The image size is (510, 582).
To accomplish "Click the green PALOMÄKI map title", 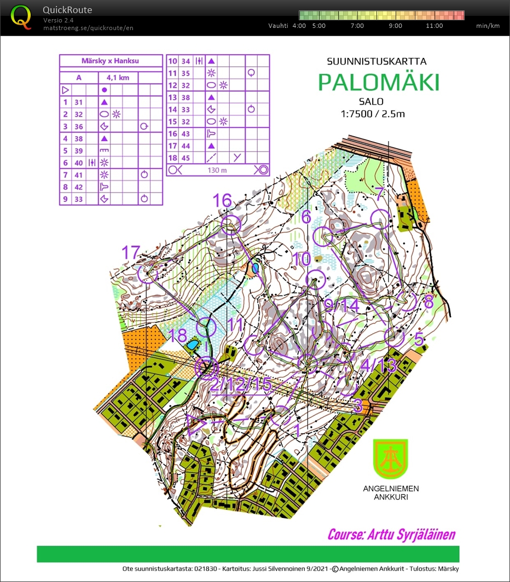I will click(x=379, y=83).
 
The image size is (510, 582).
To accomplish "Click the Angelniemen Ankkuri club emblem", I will click(x=390, y=459).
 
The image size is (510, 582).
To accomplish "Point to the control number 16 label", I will click(x=222, y=201).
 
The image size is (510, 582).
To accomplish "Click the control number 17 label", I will click(x=131, y=253).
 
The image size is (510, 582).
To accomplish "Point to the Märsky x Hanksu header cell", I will click(x=111, y=61).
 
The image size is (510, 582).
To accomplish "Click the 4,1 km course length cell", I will click(x=118, y=78).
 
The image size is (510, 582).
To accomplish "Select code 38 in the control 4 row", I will click(x=78, y=138).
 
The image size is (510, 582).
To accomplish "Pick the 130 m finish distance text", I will click(x=217, y=170).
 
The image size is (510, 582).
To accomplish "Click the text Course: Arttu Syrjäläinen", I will click(x=391, y=534).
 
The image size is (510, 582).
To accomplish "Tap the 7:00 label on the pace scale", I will click(x=357, y=26).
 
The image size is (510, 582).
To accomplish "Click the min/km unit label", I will click(x=488, y=26).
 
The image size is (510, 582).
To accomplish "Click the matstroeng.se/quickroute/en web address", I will click(x=88, y=27).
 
